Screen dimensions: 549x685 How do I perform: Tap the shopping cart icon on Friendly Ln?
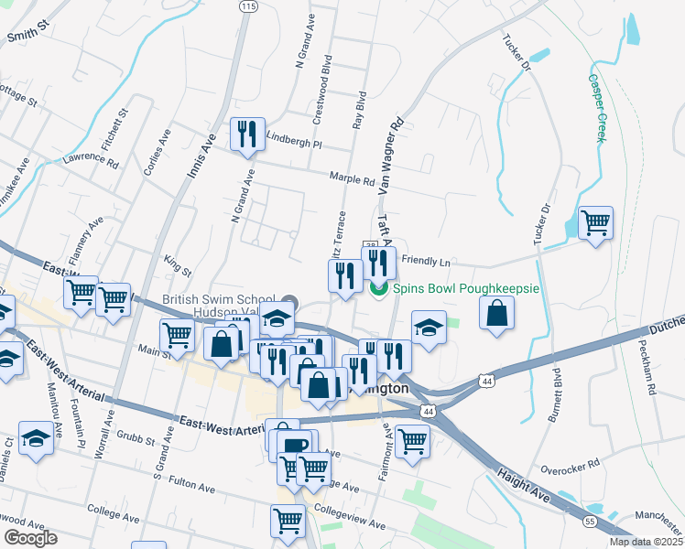(595, 222)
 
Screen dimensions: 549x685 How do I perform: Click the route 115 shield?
(246, 6)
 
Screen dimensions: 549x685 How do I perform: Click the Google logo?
(29, 538)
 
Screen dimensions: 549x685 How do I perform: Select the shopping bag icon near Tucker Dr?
(496, 313)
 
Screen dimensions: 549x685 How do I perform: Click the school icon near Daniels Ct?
(36, 438)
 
